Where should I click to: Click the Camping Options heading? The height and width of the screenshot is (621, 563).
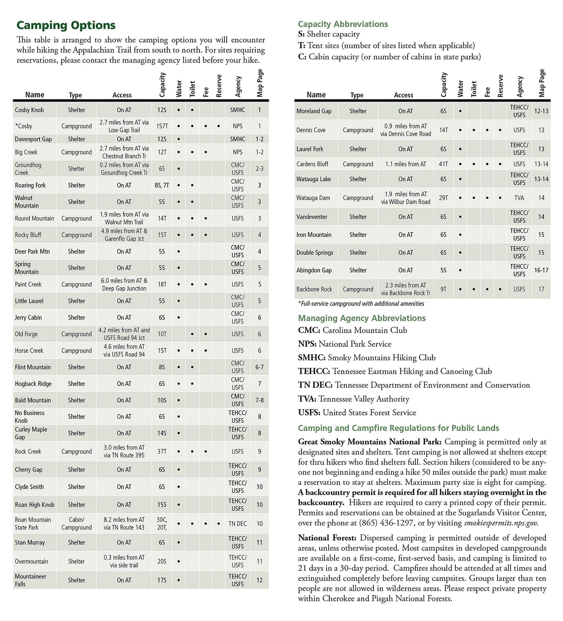point(66,25)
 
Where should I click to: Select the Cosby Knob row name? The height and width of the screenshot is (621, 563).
point(29,110)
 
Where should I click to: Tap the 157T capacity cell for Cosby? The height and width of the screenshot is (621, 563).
point(162,126)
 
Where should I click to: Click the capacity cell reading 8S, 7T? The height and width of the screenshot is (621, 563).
point(162,185)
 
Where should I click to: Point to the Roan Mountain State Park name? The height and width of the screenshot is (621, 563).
point(33,524)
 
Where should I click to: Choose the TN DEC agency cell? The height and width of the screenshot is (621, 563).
point(238,524)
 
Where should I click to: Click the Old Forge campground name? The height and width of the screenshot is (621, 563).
point(26,334)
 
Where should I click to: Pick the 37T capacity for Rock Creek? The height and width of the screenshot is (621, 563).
point(162,451)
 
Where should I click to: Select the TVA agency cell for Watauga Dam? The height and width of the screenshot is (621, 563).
point(519,198)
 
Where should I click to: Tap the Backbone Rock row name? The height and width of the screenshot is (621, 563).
point(314,289)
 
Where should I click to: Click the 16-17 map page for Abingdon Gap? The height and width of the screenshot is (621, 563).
point(541,271)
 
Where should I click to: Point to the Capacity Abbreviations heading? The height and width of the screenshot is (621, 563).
point(343,24)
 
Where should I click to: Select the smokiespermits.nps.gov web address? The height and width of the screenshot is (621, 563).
point(501,523)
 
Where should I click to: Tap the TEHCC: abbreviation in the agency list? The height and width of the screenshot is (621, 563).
point(314,372)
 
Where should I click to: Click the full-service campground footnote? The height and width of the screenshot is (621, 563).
point(361,304)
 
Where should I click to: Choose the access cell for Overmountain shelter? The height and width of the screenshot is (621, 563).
point(124,562)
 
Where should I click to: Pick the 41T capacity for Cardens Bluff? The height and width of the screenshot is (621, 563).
point(443,164)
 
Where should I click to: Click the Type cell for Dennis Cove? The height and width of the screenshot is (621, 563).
point(358,130)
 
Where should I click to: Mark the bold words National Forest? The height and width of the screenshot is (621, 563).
point(327,538)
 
